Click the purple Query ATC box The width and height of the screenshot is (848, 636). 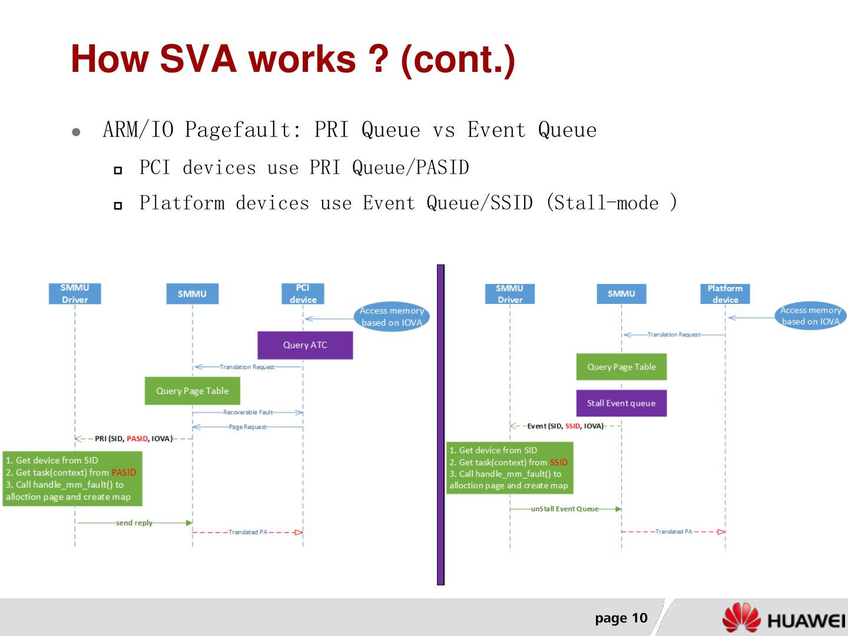(305, 345)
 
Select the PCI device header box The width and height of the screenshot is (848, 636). (303, 293)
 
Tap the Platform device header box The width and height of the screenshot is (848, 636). (725, 293)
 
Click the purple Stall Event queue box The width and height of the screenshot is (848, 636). (621, 403)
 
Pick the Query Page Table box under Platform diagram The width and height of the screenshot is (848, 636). (621, 367)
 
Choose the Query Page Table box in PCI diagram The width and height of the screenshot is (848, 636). (193, 391)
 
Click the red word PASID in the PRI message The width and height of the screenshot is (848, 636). (137, 439)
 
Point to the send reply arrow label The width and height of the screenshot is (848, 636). (134, 523)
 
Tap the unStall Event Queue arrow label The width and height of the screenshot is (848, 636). (564, 509)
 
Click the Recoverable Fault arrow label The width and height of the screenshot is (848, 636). (248, 412)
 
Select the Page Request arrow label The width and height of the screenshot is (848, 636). (247, 427)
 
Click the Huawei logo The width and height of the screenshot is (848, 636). (783, 619)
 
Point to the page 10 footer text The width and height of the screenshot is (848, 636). (621, 618)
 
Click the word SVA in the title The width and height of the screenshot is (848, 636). (197, 59)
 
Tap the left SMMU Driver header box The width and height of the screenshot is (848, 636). (75, 293)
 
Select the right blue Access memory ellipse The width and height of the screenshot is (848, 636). (810, 316)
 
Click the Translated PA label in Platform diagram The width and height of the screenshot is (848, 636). (674, 532)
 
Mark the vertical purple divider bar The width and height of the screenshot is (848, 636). (440, 424)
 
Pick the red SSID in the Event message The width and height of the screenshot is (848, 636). (572, 426)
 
